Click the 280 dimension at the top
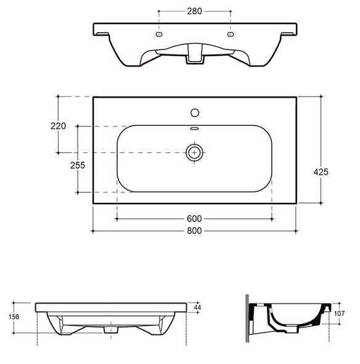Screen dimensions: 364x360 195,11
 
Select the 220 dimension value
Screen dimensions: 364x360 58,125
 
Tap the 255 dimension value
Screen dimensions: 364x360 77,165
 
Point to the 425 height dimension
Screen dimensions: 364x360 321,172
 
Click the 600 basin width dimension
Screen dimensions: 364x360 195,218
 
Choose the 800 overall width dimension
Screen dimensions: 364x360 195,230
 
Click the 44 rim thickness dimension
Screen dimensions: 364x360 197,307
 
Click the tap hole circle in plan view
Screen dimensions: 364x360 195,113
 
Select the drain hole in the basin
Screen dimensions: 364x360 195,152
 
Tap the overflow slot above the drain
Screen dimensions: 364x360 195,129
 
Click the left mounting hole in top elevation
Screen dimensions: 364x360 159,36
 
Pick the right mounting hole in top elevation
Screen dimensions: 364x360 231,36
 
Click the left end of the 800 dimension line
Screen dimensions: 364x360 92,230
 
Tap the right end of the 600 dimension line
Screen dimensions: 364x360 272,218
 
